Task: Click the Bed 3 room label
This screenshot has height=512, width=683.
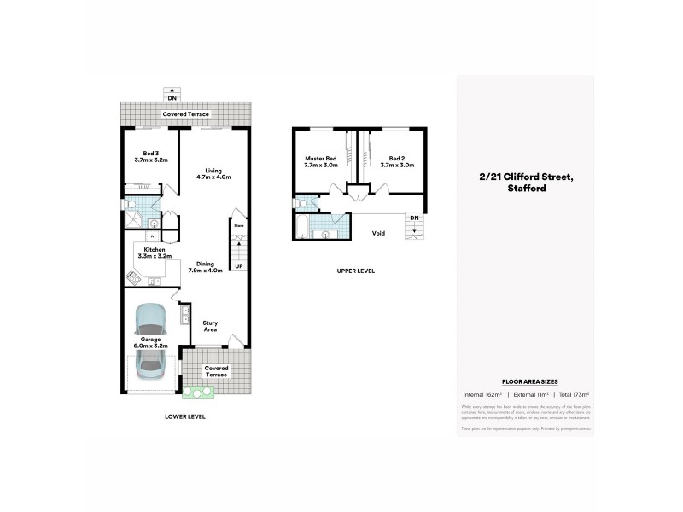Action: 151,153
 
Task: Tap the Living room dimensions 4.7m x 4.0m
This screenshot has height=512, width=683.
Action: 213,177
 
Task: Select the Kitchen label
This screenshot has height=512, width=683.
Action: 155,249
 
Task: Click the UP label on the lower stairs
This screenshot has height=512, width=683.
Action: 238,265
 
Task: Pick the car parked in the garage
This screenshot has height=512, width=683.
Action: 151,340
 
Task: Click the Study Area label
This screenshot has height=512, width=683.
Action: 211,325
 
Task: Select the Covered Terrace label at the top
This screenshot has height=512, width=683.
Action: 185,113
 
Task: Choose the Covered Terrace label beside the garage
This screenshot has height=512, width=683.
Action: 217,371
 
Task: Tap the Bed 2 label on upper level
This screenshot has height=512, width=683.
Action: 397,159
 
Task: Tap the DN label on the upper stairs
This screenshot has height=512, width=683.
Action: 414,218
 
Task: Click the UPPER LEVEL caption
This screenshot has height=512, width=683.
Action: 355,271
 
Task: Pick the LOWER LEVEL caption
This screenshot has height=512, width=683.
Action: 185,416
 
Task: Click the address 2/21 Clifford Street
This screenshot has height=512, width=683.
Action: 525,177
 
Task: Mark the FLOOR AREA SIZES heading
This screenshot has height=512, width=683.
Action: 524,381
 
